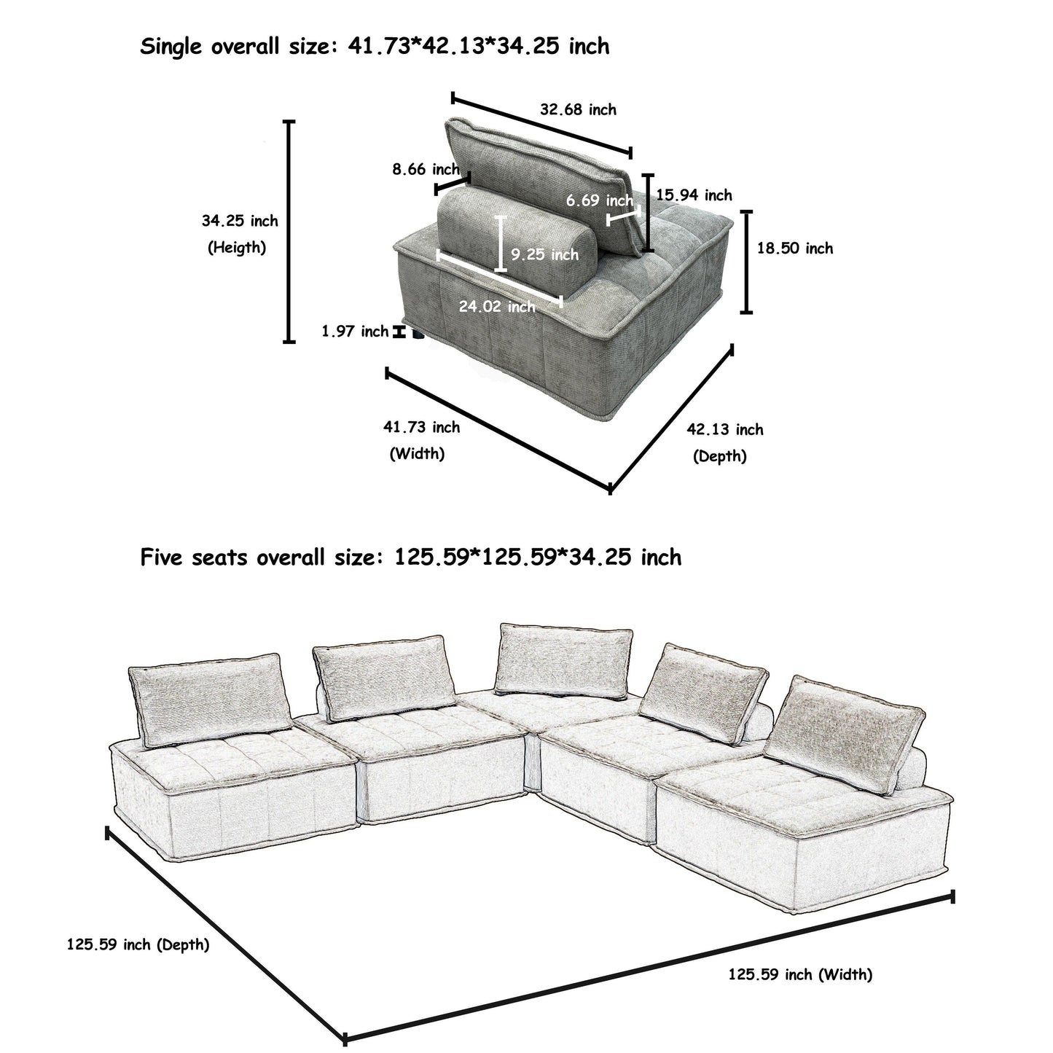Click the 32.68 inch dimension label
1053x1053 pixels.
pyautogui.click(x=577, y=110)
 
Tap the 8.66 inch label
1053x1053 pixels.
pyautogui.click(x=426, y=170)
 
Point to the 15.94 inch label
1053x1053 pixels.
pyautogui.click(x=694, y=195)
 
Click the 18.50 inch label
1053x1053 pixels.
pyautogui.click(x=794, y=248)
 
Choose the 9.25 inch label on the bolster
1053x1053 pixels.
pyautogui.click(x=544, y=254)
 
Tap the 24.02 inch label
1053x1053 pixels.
pyautogui.click(x=496, y=307)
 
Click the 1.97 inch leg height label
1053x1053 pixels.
pyautogui.click(x=355, y=332)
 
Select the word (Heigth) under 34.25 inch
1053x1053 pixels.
pyautogui.click(x=237, y=248)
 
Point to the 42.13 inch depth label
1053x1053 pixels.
pyautogui.click(x=724, y=429)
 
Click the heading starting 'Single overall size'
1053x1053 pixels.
pyautogui.click(x=375, y=47)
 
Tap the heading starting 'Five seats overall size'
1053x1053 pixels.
pyautogui.click(x=410, y=558)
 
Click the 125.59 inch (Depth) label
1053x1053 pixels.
pyautogui.click(x=138, y=945)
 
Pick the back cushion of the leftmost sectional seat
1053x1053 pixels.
pyautogui.click(x=207, y=698)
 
